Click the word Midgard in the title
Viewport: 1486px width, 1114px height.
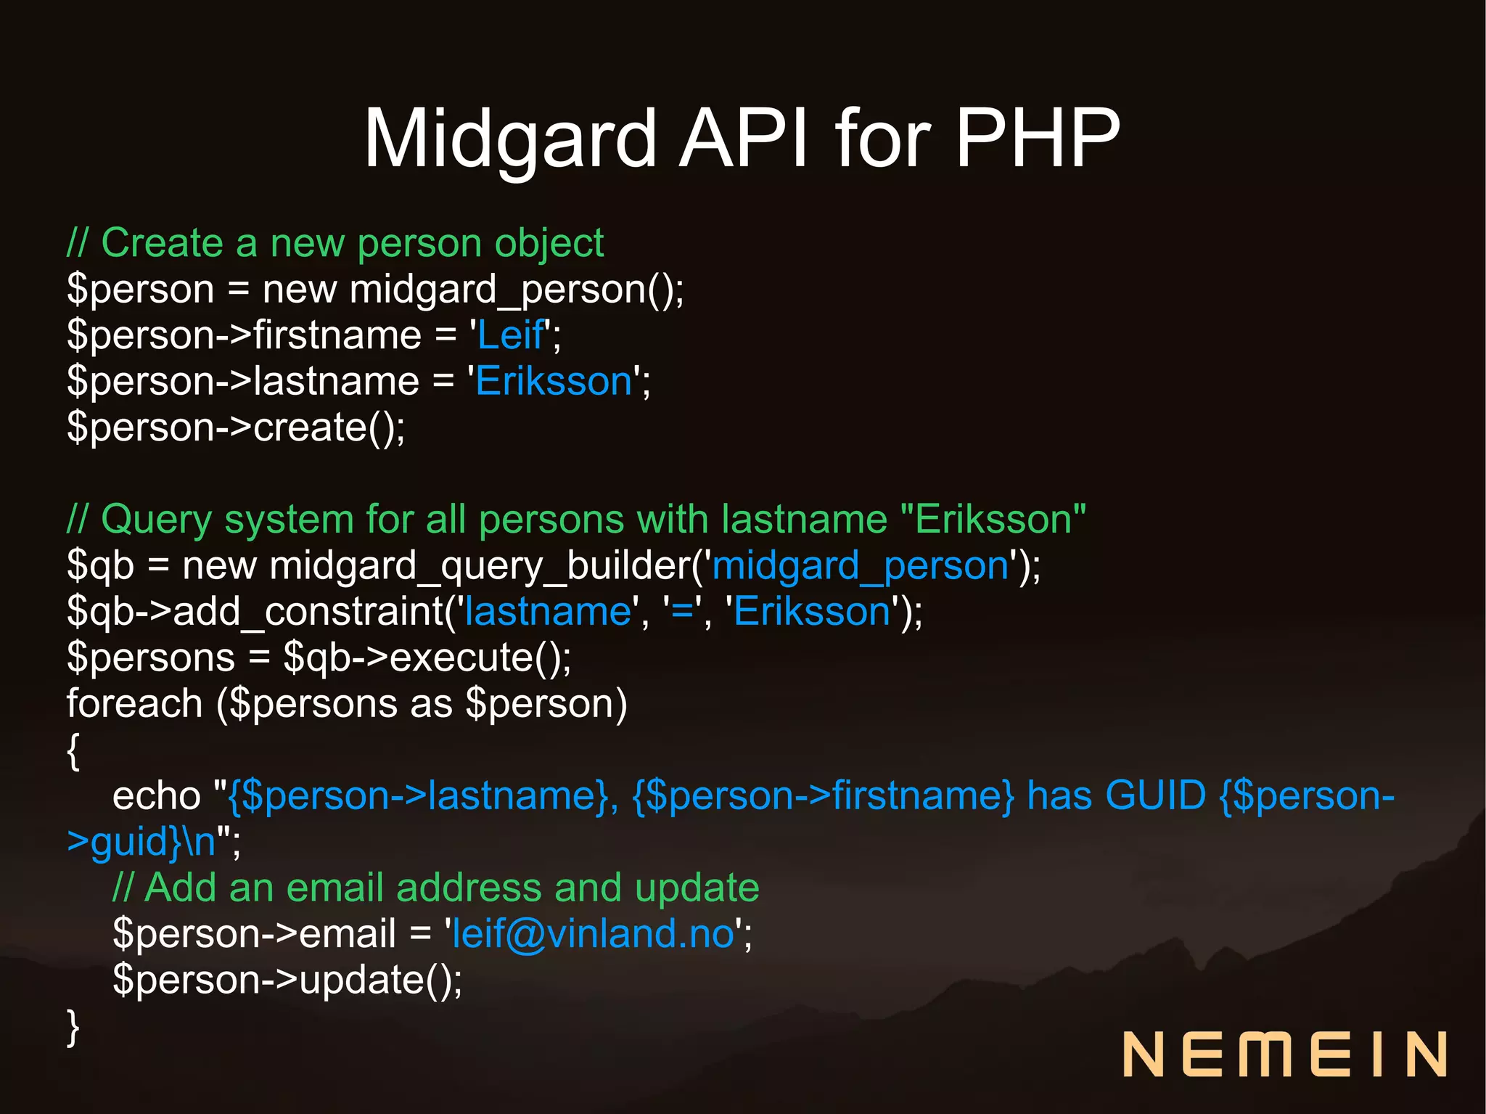point(509,138)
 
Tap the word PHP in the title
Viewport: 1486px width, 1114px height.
point(1037,138)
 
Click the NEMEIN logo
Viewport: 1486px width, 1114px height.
point(1284,1054)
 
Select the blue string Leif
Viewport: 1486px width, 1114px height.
point(510,335)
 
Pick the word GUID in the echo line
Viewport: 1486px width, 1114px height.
point(1155,795)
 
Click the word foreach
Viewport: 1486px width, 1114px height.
point(134,704)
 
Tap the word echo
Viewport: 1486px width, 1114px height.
point(156,796)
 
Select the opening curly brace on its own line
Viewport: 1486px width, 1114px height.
point(73,751)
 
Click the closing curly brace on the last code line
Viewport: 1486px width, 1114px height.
point(73,1027)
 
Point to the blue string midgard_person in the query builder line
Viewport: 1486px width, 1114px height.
point(861,566)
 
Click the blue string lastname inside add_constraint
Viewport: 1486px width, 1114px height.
point(548,612)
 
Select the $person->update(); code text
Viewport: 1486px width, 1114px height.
point(287,980)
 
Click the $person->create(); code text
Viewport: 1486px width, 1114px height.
point(236,427)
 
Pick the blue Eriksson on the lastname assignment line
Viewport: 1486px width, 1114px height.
point(554,382)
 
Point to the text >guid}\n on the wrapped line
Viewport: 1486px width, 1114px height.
point(141,842)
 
